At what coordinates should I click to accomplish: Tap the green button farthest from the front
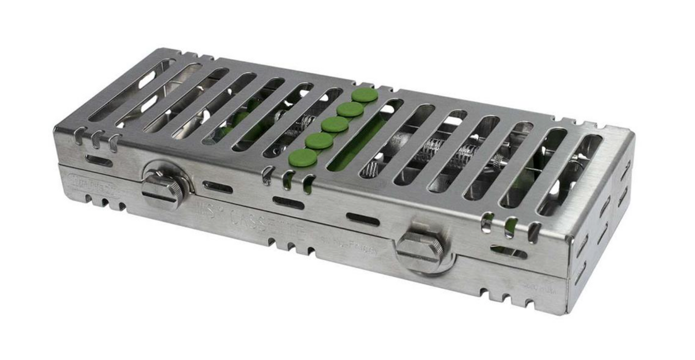(x=365, y=95)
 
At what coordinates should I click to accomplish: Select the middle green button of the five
(x=335, y=125)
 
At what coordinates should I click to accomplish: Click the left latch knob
(x=163, y=189)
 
